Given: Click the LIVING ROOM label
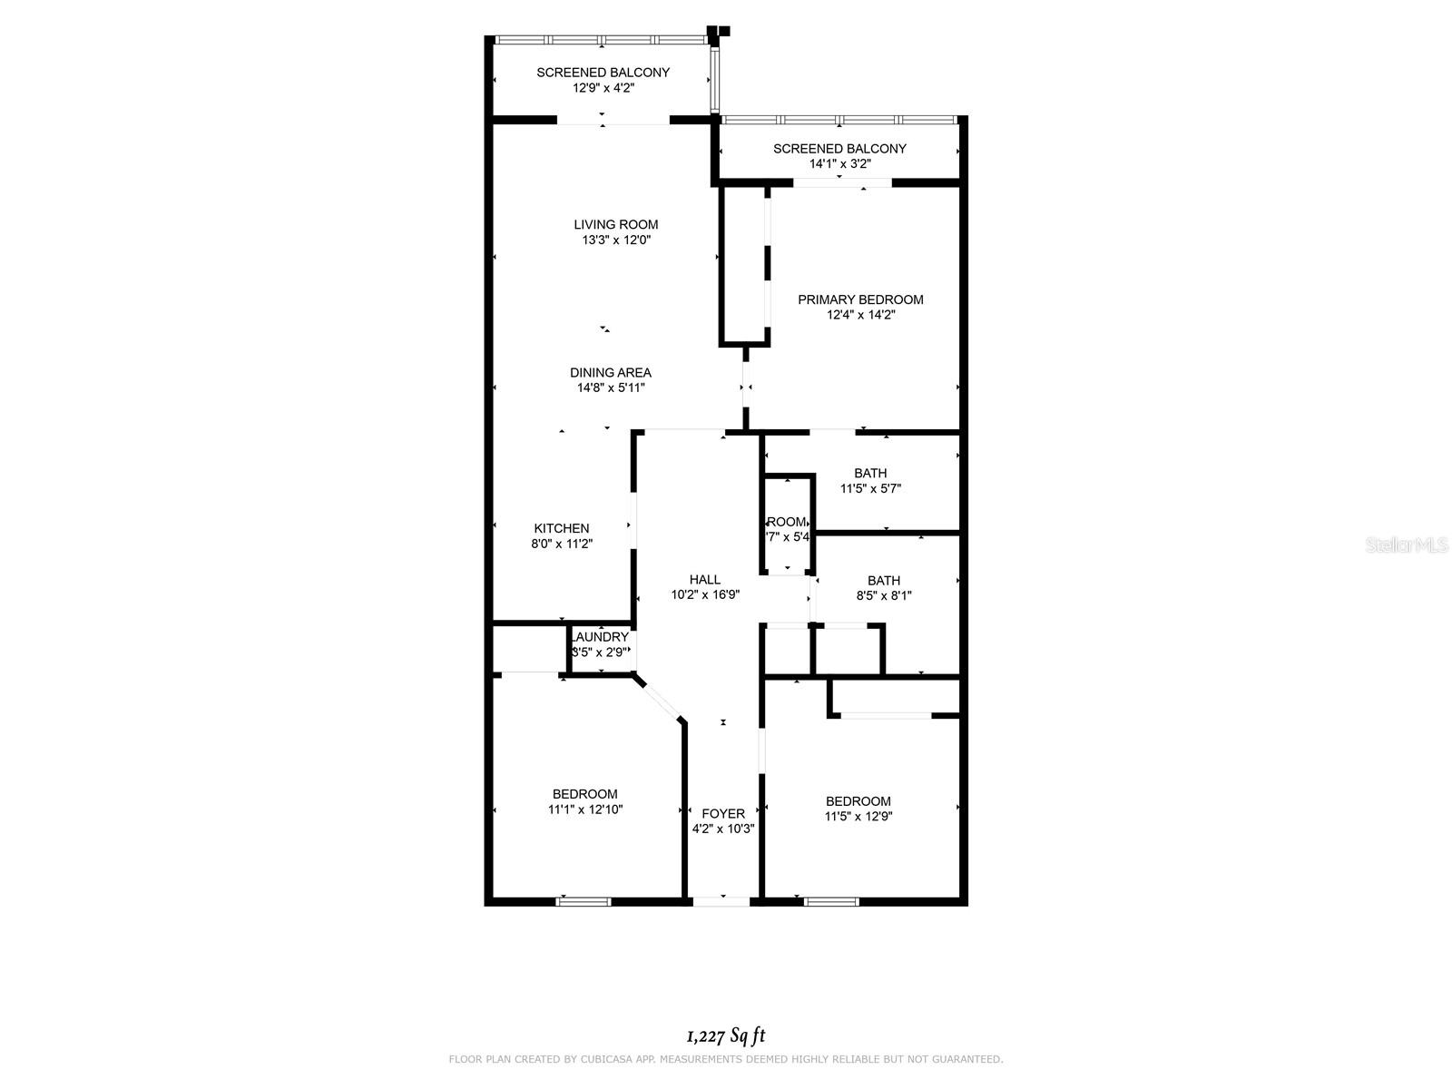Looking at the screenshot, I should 615,224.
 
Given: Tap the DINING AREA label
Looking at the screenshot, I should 610,372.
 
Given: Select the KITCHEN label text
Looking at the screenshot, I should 561,528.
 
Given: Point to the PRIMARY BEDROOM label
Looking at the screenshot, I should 860,299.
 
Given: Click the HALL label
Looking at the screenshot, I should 704,580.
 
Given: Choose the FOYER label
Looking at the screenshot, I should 722,814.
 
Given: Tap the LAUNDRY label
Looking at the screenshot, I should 600,637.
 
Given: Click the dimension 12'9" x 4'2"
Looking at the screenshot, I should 603,88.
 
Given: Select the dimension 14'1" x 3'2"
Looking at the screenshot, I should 839,164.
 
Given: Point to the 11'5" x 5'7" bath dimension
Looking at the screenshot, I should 870,488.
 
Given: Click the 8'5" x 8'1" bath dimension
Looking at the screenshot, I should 883,596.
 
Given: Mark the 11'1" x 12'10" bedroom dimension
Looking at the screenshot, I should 584,809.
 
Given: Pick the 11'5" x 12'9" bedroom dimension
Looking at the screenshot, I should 858,816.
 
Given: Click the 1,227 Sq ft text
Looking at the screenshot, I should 726,1035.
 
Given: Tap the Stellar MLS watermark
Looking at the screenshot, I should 1407,544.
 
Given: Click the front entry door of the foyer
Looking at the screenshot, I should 722,901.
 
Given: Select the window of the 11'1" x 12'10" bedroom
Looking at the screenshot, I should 584,901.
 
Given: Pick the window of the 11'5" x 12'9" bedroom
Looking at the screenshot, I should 831,901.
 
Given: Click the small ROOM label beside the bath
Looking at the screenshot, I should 786,522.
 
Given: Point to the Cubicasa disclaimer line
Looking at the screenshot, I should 726,1059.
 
